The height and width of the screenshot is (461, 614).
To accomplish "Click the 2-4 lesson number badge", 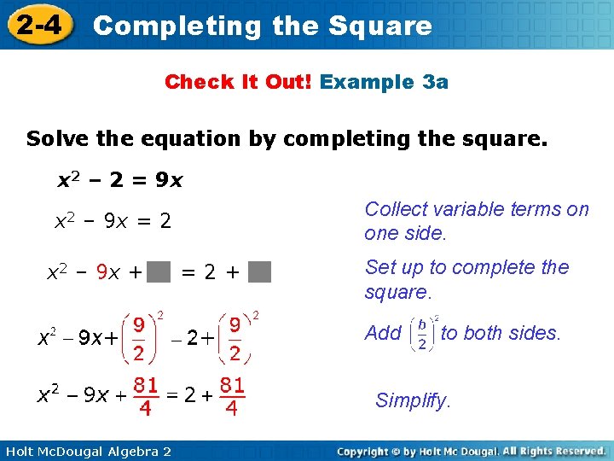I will [x=38, y=25].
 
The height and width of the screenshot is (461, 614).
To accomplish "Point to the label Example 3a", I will [x=384, y=82].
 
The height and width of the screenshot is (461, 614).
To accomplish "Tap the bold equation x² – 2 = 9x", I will [x=119, y=181].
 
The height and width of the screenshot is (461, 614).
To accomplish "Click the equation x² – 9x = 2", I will [x=113, y=223].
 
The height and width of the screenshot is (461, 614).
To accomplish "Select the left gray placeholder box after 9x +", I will [x=159, y=273].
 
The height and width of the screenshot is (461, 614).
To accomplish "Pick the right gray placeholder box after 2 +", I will [x=261, y=273].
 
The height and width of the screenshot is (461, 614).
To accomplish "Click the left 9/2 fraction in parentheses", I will [x=137, y=339].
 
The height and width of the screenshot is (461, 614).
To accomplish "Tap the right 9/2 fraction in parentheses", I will [x=234, y=339].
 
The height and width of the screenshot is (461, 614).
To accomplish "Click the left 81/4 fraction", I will [x=146, y=396].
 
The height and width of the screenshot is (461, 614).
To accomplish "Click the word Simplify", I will [x=413, y=400].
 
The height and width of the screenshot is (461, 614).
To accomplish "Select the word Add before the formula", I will [x=382, y=333].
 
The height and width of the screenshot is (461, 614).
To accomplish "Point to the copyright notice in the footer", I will [x=471, y=451].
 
